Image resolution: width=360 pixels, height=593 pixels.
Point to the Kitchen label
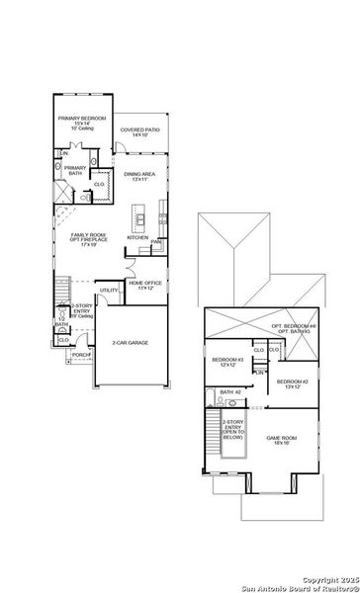[137, 237]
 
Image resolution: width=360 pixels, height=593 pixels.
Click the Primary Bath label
[75, 170]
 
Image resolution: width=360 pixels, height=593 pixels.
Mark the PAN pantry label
[157, 241]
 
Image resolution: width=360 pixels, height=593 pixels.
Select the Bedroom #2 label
[293, 383]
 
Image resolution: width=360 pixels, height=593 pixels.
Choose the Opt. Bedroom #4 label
[292, 328]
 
